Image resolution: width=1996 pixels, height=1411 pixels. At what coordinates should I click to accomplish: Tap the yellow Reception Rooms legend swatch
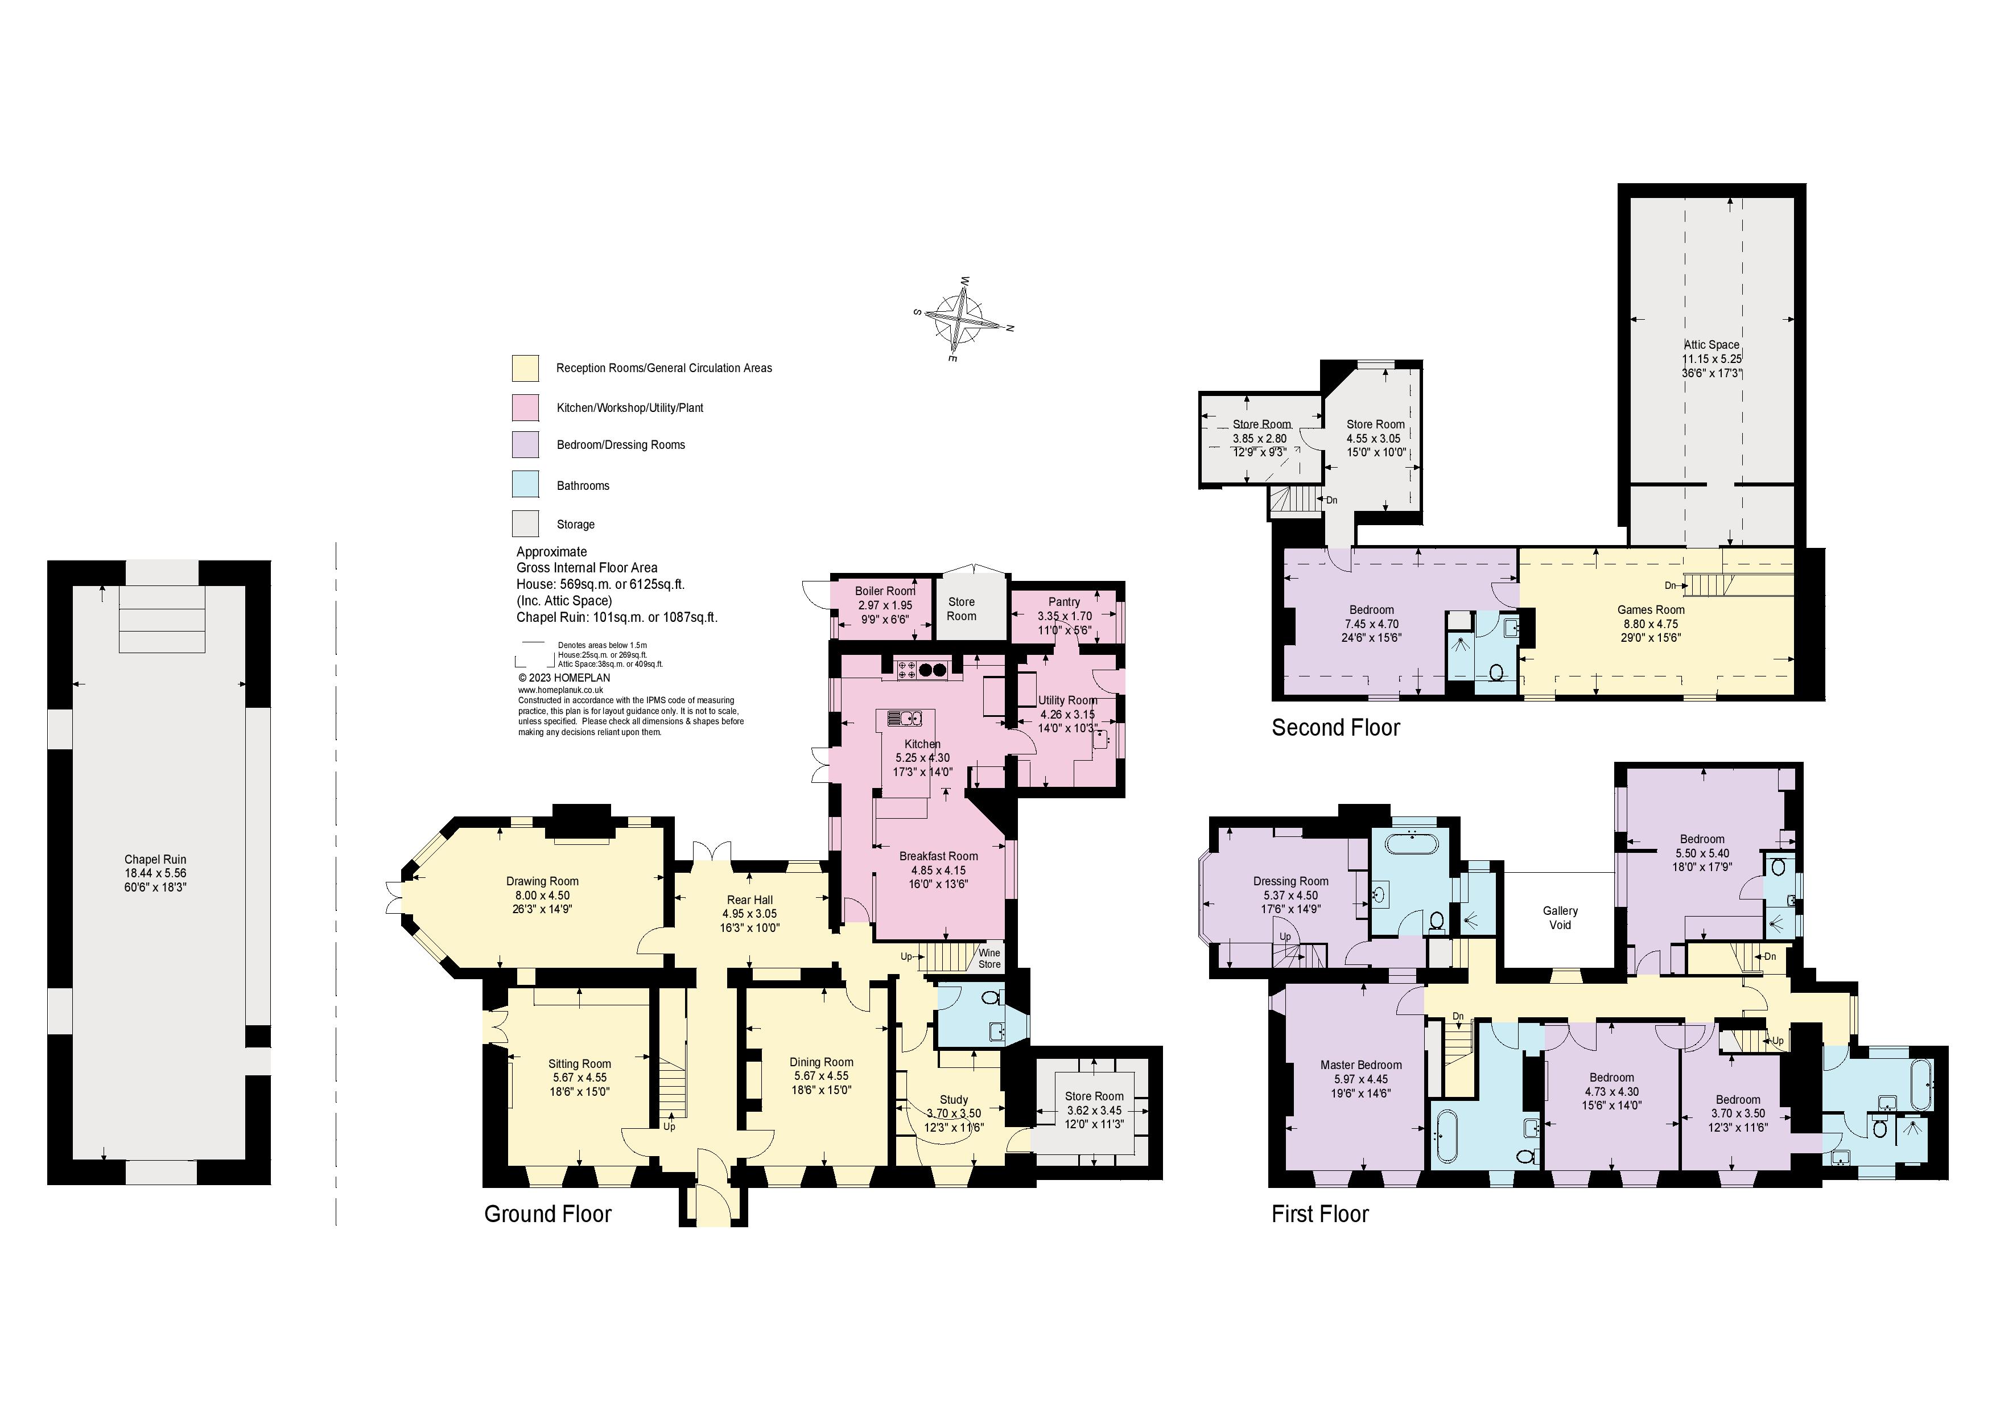point(525,368)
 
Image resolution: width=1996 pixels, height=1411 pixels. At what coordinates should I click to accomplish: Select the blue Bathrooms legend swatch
point(525,484)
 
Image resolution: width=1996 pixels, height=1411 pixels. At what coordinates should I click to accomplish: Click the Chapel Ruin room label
point(155,859)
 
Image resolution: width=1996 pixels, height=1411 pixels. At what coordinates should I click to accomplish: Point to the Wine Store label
point(989,958)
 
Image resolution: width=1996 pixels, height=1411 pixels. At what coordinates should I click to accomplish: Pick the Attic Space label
point(1712,344)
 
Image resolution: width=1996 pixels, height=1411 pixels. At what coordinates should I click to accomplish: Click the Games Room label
point(1651,609)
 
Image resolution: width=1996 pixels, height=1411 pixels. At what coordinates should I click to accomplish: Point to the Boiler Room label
point(885,591)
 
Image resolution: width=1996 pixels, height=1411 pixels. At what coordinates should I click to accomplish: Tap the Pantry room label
point(1064,601)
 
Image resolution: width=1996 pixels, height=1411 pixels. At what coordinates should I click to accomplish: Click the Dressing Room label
point(1291,881)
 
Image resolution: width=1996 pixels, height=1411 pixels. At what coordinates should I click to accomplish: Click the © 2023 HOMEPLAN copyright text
point(564,677)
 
